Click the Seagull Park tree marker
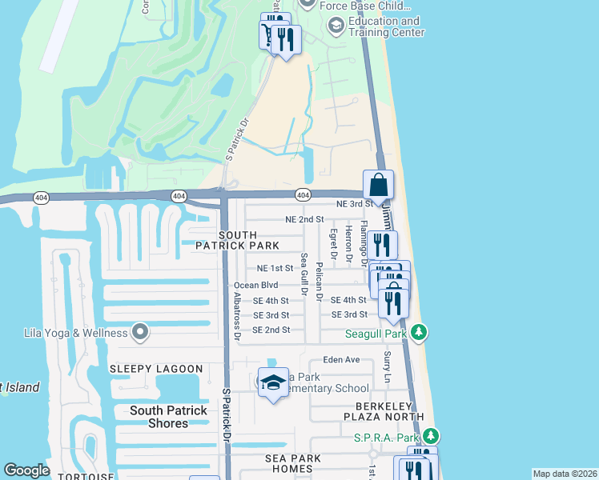pyautogui.click(x=419, y=332)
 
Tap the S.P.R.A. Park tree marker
pyautogui.click(x=432, y=437)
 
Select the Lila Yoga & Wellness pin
pyautogui.click(x=140, y=332)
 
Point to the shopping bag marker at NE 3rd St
pyautogui.click(x=378, y=185)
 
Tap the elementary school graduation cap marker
pyautogui.click(x=273, y=384)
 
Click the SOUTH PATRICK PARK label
pyautogui.click(x=238, y=240)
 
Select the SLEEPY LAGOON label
pyautogui.click(x=156, y=369)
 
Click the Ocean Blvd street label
pyautogui.click(x=255, y=286)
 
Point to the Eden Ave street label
pyautogui.click(x=342, y=360)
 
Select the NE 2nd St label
pyautogui.click(x=304, y=219)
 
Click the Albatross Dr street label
pyautogui.click(x=236, y=317)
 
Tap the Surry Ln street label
pyautogui.click(x=387, y=365)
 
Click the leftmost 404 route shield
pyautogui.click(x=39, y=196)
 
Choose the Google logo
pyautogui.click(x=27, y=470)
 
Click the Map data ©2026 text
pyautogui.click(x=565, y=474)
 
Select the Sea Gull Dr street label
pyautogui.click(x=304, y=274)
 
